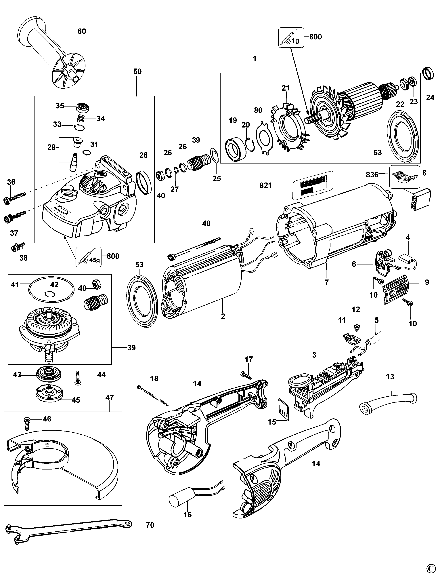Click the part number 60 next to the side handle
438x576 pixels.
pyautogui.click(x=82, y=31)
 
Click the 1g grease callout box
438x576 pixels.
pyautogui.click(x=291, y=38)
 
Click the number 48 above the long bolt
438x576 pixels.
pyautogui.click(x=206, y=223)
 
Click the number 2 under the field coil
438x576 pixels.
pyautogui.click(x=223, y=316)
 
